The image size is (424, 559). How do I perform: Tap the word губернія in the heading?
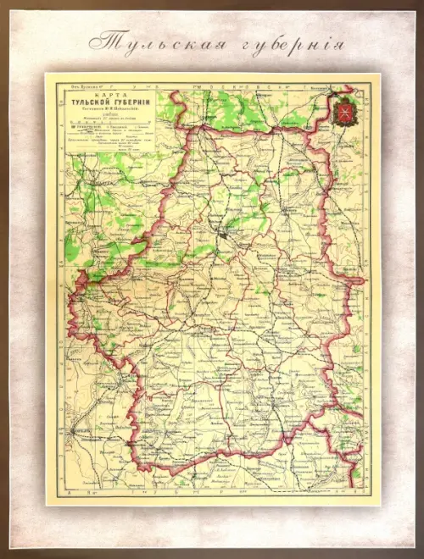pyautogui.click(x=284, y=43)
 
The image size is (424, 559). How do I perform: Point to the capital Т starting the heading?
pyautogui.click(x=100, y=42)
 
